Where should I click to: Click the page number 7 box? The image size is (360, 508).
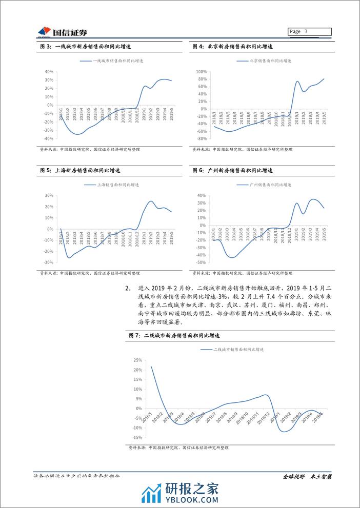tap(309, 32)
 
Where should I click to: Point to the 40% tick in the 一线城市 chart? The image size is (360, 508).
tap(50, 72)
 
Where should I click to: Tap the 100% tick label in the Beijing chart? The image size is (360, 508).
tap(201, 72)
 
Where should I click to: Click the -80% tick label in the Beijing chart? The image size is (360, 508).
tap(202, 138)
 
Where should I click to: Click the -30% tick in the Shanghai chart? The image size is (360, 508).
tap(49, 262)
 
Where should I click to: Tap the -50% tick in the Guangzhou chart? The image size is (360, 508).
tap(201, 262)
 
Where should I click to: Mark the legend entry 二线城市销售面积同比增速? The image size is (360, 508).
tap(239, 349)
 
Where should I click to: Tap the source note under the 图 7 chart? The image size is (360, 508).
tap(177, 448)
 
